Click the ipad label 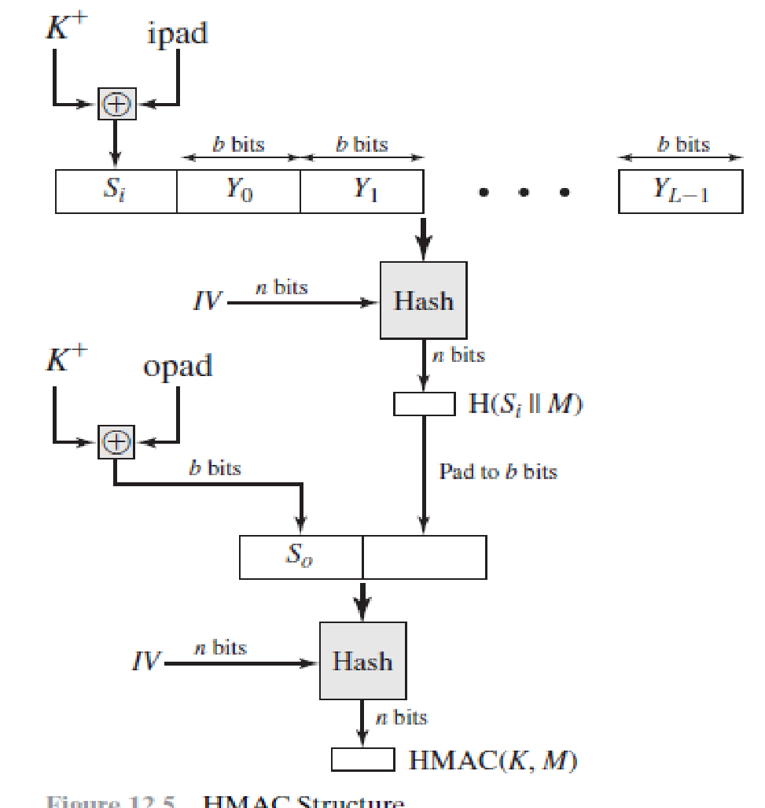click(x=178, y=34)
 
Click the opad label click(x=178, y=366)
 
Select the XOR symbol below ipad click(x=116, y=104)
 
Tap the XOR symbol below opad click(x=116, y=441)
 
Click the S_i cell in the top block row click(x=116, y=192)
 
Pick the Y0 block click(x=238, y=192)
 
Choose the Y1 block click(x=362, y=192)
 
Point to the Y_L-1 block click(x=680, y=192)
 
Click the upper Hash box click(x=423, y=301)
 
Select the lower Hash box click(x=362, y=660)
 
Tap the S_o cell click(x=300, y=557)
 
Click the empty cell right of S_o click(x=424, y=557)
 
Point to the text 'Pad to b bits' click(x=498, y=472)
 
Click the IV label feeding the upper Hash click(x=208, y=301)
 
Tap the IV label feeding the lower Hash click(x=147, y=662)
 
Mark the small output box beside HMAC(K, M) click(x=362, y=760)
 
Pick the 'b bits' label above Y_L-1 click(x=681, y=145)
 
